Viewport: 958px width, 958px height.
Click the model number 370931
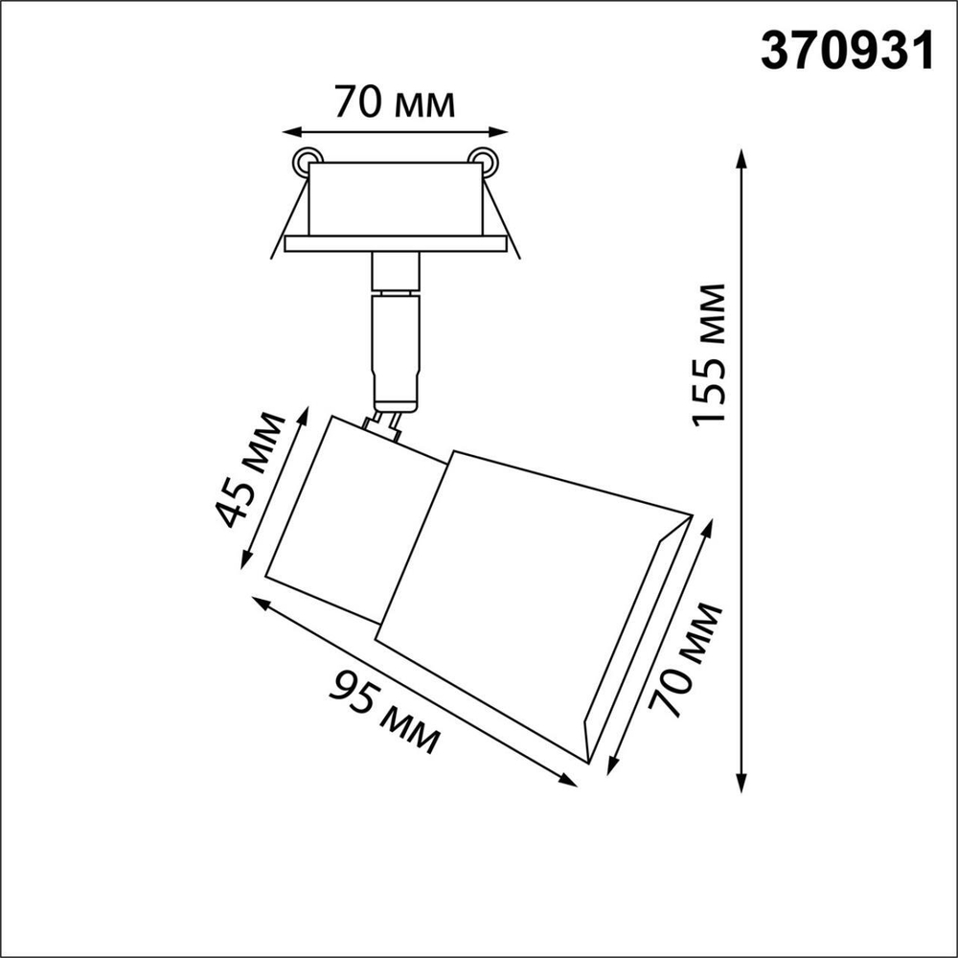click(846, 52)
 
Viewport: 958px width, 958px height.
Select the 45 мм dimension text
click(251, 469)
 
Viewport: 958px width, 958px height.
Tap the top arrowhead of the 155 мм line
click(741, 156)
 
